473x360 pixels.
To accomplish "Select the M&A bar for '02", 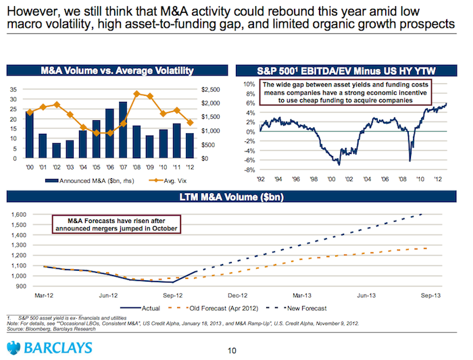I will (x=57, y=150).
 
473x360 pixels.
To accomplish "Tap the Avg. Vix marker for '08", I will (x=137, y=94).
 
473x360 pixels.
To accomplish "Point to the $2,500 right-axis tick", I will (x=212, y=89).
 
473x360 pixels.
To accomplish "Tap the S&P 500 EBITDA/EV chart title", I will (x=347, y=70).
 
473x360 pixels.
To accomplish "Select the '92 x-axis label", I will (x=259, y=180).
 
